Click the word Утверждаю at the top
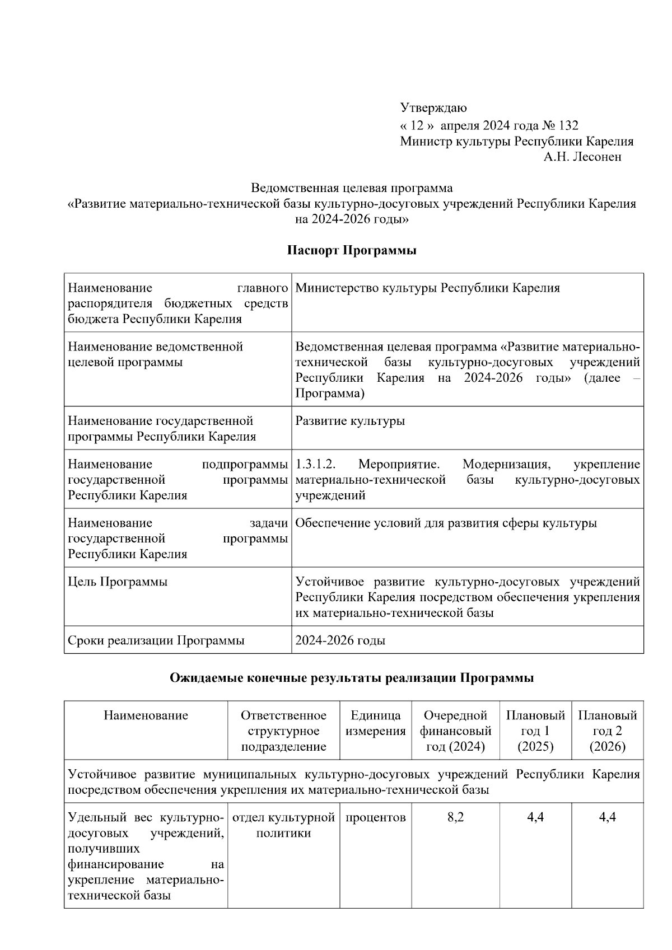pyautogui.click(x=433, y=107)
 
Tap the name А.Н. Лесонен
pyautogui.click(x=582, y=157)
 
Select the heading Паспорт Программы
pyautogui.click(x=352, y=250)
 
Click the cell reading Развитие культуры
pyautogui.click(x=350, y=421)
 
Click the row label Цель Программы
pyautogui.click(x=118, y=582)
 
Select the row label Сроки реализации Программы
pyautogui.click(x=156, y=640)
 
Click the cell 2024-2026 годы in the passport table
pyautogui.click(x=340, y=640)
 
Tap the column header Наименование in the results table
pyautogui.click(x=146, y=715)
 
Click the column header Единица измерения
pyautogui.click(x=375, y=723)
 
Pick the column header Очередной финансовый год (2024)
pyautogui.click(x=455, y=731)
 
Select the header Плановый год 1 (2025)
pyautogui.click(x=535, y=731)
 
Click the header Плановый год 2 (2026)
pyautogui.click(x=608, y=731)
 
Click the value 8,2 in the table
pyautogui.click(x=455, y=817)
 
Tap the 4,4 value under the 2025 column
pyautogui.click(x=535, y=817)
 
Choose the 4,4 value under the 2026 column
pyautogui.click(x=608, y=817)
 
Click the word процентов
pyautogui.click(x=375, y=817)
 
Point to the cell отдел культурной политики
pyautogui.click(x=283, y=825)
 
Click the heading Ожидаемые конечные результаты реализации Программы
pyautogui.click(x=352, y=678)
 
